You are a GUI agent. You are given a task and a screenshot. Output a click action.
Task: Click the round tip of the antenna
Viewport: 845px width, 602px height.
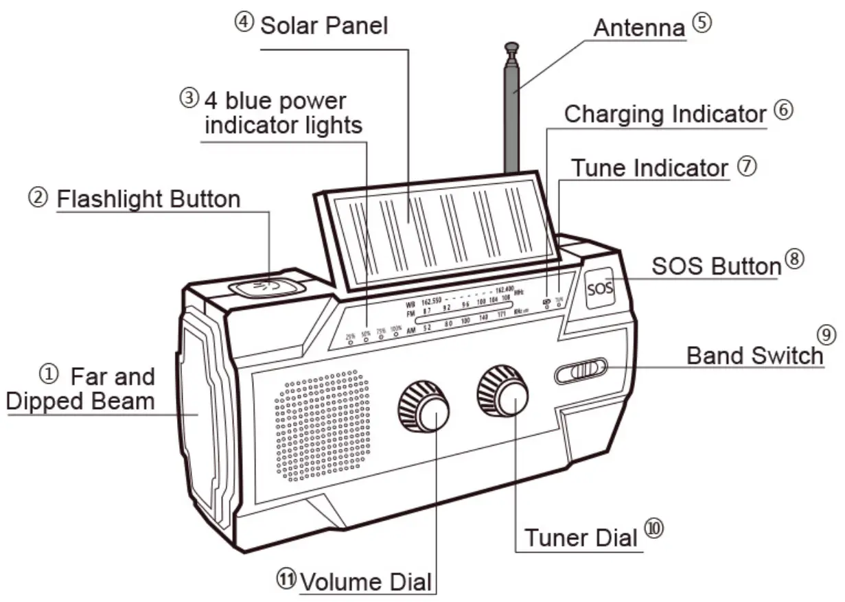(511, 47)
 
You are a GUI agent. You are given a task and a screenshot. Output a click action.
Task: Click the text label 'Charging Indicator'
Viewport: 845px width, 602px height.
(664, 114)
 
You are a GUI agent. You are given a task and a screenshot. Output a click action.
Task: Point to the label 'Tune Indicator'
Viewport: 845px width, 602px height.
(649, 167)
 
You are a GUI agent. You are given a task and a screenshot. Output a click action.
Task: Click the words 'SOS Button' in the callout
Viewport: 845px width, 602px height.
(716, 266)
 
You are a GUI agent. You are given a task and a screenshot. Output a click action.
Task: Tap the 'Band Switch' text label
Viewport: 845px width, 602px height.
(754, 355)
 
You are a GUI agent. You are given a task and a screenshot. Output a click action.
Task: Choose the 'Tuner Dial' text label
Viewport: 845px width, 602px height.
(581, 537)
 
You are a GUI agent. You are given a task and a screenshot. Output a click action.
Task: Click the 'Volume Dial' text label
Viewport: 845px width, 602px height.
(366, 582)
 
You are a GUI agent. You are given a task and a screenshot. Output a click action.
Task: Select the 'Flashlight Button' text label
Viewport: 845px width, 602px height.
(148, 199)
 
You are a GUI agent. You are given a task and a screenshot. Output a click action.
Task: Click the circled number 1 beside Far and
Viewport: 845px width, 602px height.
(49, 375)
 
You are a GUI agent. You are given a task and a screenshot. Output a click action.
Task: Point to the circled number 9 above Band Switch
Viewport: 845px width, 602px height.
(826, 334)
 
